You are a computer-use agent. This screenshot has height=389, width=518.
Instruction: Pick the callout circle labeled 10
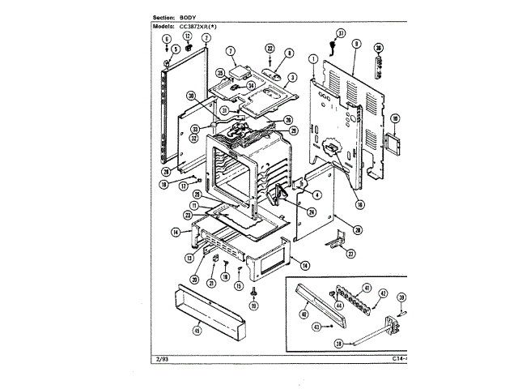[x=396, y=119]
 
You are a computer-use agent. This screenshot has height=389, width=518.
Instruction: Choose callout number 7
[x=230, y=52]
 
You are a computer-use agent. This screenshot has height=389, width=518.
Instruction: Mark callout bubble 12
[x=186, y=36]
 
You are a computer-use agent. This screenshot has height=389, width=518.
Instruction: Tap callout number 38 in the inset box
[x=339, y=344]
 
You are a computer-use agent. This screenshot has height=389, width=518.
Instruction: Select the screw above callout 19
[x=253, y=291]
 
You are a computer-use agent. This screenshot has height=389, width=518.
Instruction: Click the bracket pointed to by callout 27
[x=336, y=241]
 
